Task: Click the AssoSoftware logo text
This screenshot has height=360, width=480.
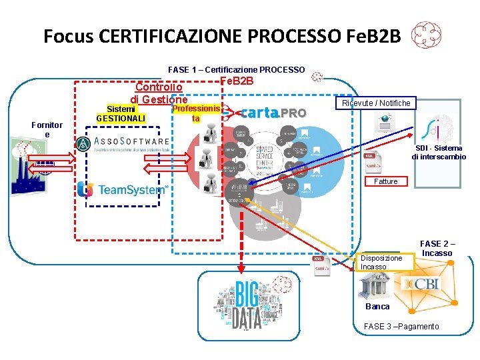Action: (x=131, y=142)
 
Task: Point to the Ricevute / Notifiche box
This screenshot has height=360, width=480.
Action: (x=376, y=103)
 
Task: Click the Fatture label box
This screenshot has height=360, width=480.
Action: (x=386, y=181)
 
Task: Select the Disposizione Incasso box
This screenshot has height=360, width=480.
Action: (x=382, y=262)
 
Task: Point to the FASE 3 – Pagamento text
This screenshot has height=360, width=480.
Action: (x=401, y=326)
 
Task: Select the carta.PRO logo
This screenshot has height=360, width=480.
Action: (x=273, y=113)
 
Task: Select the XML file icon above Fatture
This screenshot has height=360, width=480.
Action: (x=372, y=160)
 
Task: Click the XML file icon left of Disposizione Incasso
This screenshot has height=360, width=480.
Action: (x=322, y=265)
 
